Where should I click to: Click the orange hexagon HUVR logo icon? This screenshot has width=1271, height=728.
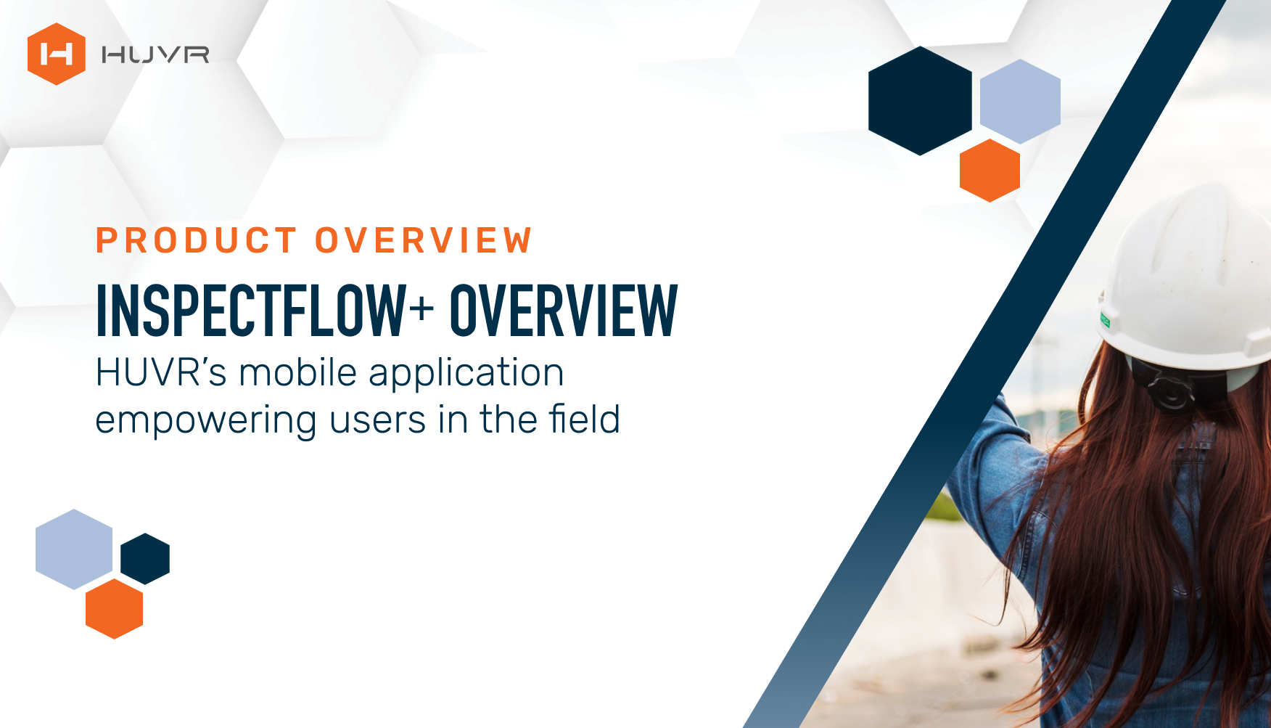coord(57,54)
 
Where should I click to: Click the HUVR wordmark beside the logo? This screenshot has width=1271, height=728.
coord(155,54)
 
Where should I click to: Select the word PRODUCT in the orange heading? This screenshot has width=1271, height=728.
coord(197,241)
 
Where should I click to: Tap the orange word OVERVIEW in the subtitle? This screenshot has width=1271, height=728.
coord(424,241)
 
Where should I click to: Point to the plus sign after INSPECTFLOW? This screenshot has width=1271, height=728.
coord(421,308)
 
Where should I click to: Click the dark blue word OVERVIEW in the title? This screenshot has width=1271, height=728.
coord(564,311)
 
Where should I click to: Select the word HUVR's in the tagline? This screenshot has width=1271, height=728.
coord(162,373)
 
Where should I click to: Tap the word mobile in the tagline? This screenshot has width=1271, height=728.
coord(298,373)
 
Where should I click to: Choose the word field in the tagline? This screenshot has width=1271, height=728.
coord(584,420)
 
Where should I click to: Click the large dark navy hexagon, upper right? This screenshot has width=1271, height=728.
coord(920,101)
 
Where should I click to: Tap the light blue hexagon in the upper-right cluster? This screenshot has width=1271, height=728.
coord(1020,101)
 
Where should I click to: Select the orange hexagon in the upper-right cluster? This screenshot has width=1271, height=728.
coord(990,171)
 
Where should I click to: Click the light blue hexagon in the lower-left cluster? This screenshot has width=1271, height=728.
coord(74,549)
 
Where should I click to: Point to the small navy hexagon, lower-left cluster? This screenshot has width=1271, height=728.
coord(145,559)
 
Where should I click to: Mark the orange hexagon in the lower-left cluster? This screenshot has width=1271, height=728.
coord(114,608)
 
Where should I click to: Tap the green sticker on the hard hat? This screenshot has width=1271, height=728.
coord(1105,319)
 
